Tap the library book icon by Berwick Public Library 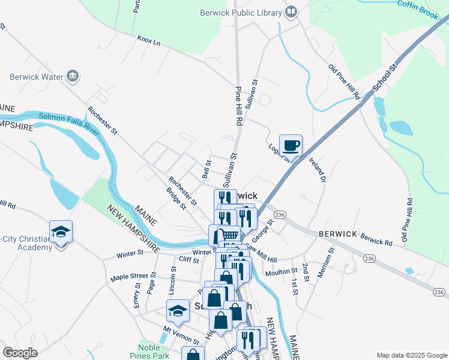pyautogui.click(x=291, y=12)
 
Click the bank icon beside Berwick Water pyautogui.click(x=73, y=76)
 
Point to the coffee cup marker pyautogui.click(x=291, y=145)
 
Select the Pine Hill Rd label pyautogui.click(x=238, y=105)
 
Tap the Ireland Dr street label pyautogui.click(x=318, y=170)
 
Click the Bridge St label pyautogui.click(x=175, y=199)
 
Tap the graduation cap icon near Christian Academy pyautogui.click(x=60, y=232)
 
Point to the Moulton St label pyautogui.click(x=277, y=272)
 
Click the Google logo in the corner pyautogui.click(x=20, y=353)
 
